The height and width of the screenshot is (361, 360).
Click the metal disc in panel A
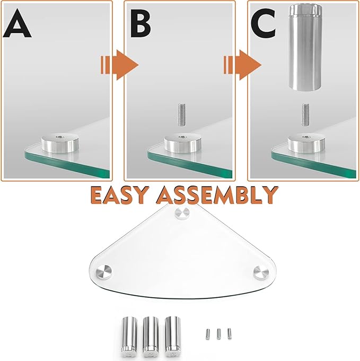click(59, 144)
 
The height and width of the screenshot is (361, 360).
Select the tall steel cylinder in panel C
click(305, 45)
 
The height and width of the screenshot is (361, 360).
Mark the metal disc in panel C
click(306, 143)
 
